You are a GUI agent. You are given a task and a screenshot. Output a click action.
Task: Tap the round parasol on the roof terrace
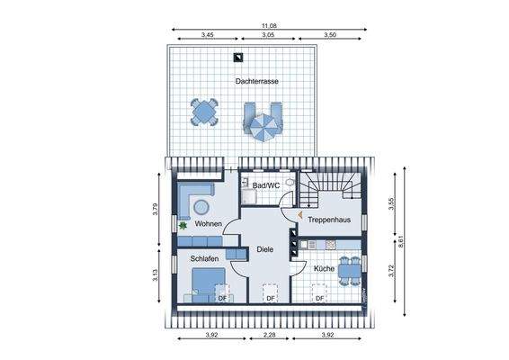tap(264, 126)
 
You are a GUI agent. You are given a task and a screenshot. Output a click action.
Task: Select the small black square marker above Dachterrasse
tap(237, 58)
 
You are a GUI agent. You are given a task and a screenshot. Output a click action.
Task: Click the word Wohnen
tap(209, 224)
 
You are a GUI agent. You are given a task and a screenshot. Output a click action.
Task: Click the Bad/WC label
tap(267, 185)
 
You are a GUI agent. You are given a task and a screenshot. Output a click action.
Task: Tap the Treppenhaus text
tap(329, 220)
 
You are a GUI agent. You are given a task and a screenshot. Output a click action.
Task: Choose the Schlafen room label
tap(204, 258)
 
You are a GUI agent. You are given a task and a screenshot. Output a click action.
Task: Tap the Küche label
tap(324, 268)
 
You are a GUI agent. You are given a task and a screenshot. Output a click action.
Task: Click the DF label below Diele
tap(268, 299)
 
